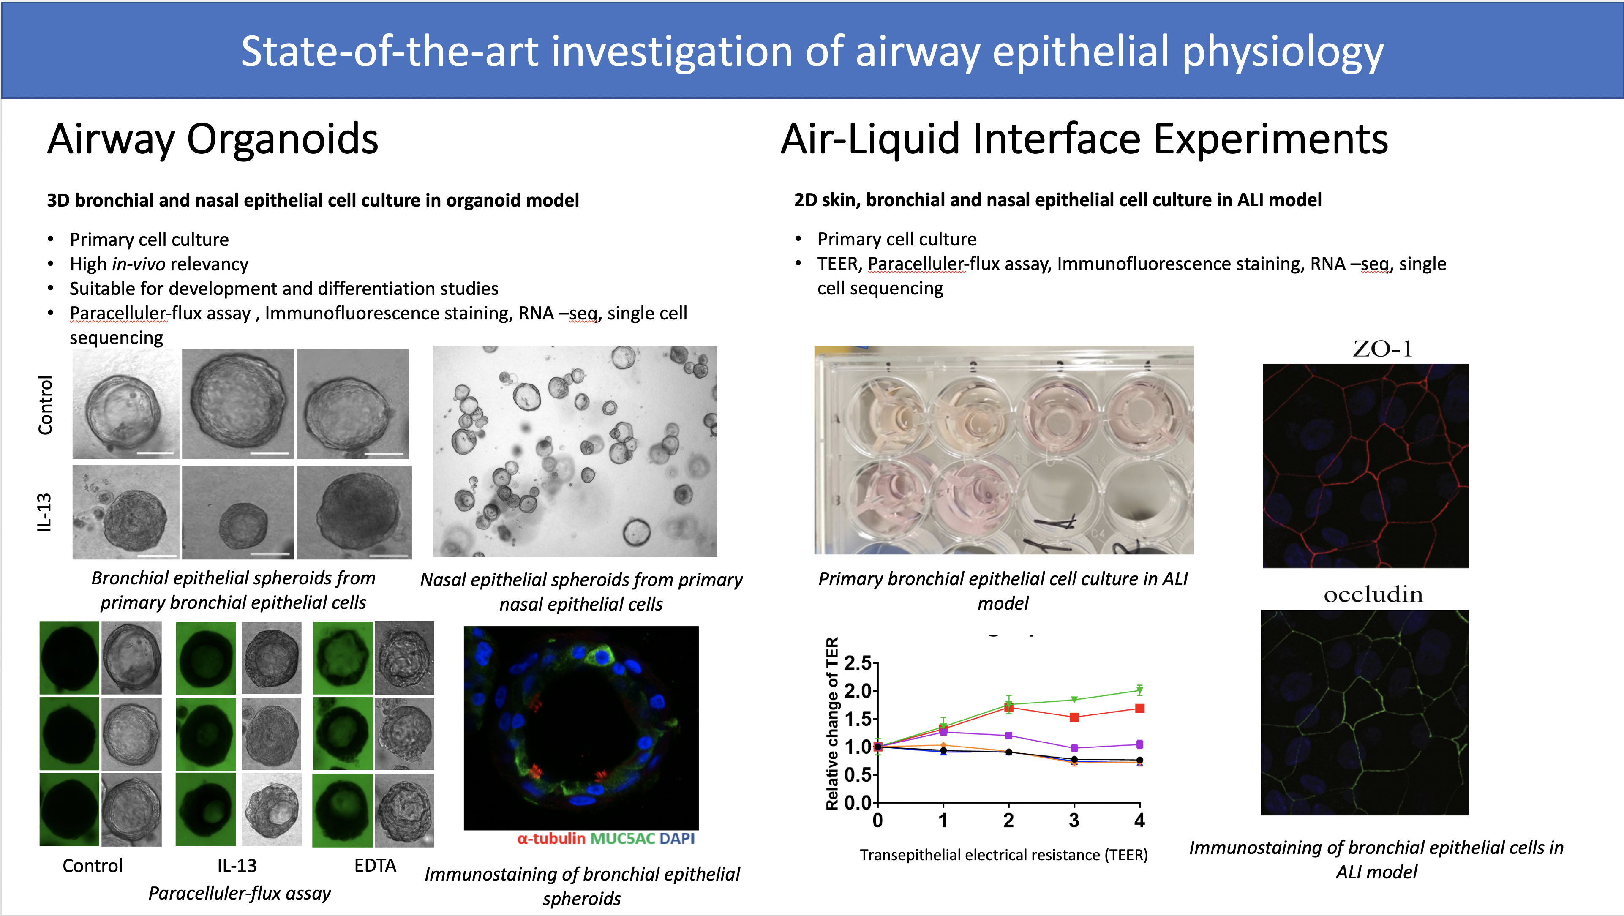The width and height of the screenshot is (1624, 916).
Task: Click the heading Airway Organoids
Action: click(213, 139)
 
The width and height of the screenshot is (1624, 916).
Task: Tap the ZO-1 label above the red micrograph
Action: click(1382, 349)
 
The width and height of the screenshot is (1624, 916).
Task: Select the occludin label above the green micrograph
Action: click(1373, 594)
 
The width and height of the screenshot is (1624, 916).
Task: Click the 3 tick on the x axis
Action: click(1074, 820)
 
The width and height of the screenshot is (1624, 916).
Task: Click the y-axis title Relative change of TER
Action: click(832, 723)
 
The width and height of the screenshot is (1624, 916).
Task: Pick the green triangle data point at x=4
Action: click(1139, 690)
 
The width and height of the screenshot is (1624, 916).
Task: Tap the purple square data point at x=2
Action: click(1009, 736)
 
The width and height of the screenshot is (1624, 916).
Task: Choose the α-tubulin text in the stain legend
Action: click(551, 838)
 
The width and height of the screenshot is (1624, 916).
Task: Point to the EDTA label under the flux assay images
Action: click(375, 866)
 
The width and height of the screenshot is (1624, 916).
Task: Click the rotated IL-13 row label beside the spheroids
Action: click(44, 513)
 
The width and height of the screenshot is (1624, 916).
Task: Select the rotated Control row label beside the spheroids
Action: click(45, 405)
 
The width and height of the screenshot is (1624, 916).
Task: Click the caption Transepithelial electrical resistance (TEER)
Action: click(1004, 855)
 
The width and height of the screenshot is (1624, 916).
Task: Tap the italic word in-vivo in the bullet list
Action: click(139, 264)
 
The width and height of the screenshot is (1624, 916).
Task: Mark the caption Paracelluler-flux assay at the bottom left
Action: click(240, 893)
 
